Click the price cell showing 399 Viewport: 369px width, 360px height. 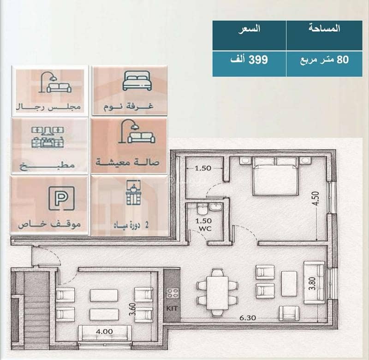tap(249, 64)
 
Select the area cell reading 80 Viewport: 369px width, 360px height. tap(324, 64)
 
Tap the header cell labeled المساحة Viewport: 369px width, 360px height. tap(324, 35)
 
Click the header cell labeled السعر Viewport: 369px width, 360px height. tap(249, 35)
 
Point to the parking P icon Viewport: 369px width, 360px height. tap(61, 198)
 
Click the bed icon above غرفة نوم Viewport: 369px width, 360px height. tap(137, 81)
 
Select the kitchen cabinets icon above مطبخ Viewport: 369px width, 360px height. tap(48, 137)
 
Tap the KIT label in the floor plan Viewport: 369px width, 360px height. tap(172, 308)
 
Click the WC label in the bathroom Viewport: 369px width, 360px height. tap(205, 228)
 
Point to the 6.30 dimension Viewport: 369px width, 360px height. tap(248, 318)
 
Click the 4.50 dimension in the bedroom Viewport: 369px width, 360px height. tap(316, 198)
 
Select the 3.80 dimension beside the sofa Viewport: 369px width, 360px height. tap(312, 283)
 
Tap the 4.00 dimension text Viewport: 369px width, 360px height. tap(104, 331)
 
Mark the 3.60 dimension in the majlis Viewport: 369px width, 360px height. tap(132, 309)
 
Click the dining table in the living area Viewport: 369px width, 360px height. tap(217, 293)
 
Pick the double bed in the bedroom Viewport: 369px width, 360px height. tap(275, 177)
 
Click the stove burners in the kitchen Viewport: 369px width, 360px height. tap(172, 293)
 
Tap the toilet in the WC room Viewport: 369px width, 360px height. tap(202, 209)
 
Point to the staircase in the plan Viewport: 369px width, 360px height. tap(36, 310)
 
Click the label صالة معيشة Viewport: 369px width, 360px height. tap(128, 162)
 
